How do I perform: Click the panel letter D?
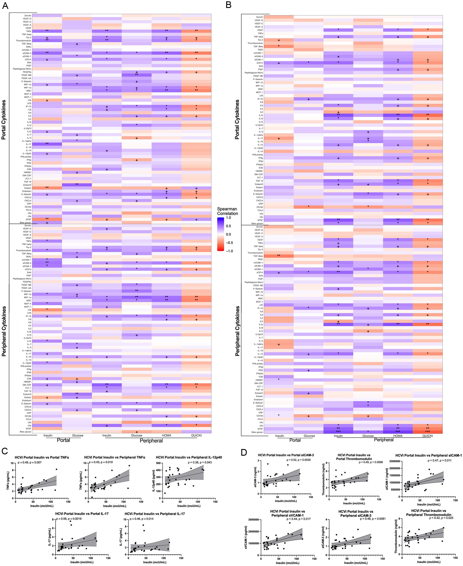pyautogui.click(x=244, y=453)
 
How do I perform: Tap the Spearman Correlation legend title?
pyautogui.click(x=227, y=211)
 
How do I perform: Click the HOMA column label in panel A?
pyautogui.click(x=166, y=435)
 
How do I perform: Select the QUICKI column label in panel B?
pyautogui.click(x=428, y=436)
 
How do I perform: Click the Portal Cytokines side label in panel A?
pyautogui.click(x=4, y=120)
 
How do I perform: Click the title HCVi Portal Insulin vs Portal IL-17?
pyautogui.click(x=82, y=514)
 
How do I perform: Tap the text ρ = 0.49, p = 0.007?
pyautogui.click(x=30, y=462)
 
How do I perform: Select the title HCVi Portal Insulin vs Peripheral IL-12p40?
pyautogui.click(x=189, y=457)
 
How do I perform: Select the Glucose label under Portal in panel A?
pyautogui.click(x=78, y=435)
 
